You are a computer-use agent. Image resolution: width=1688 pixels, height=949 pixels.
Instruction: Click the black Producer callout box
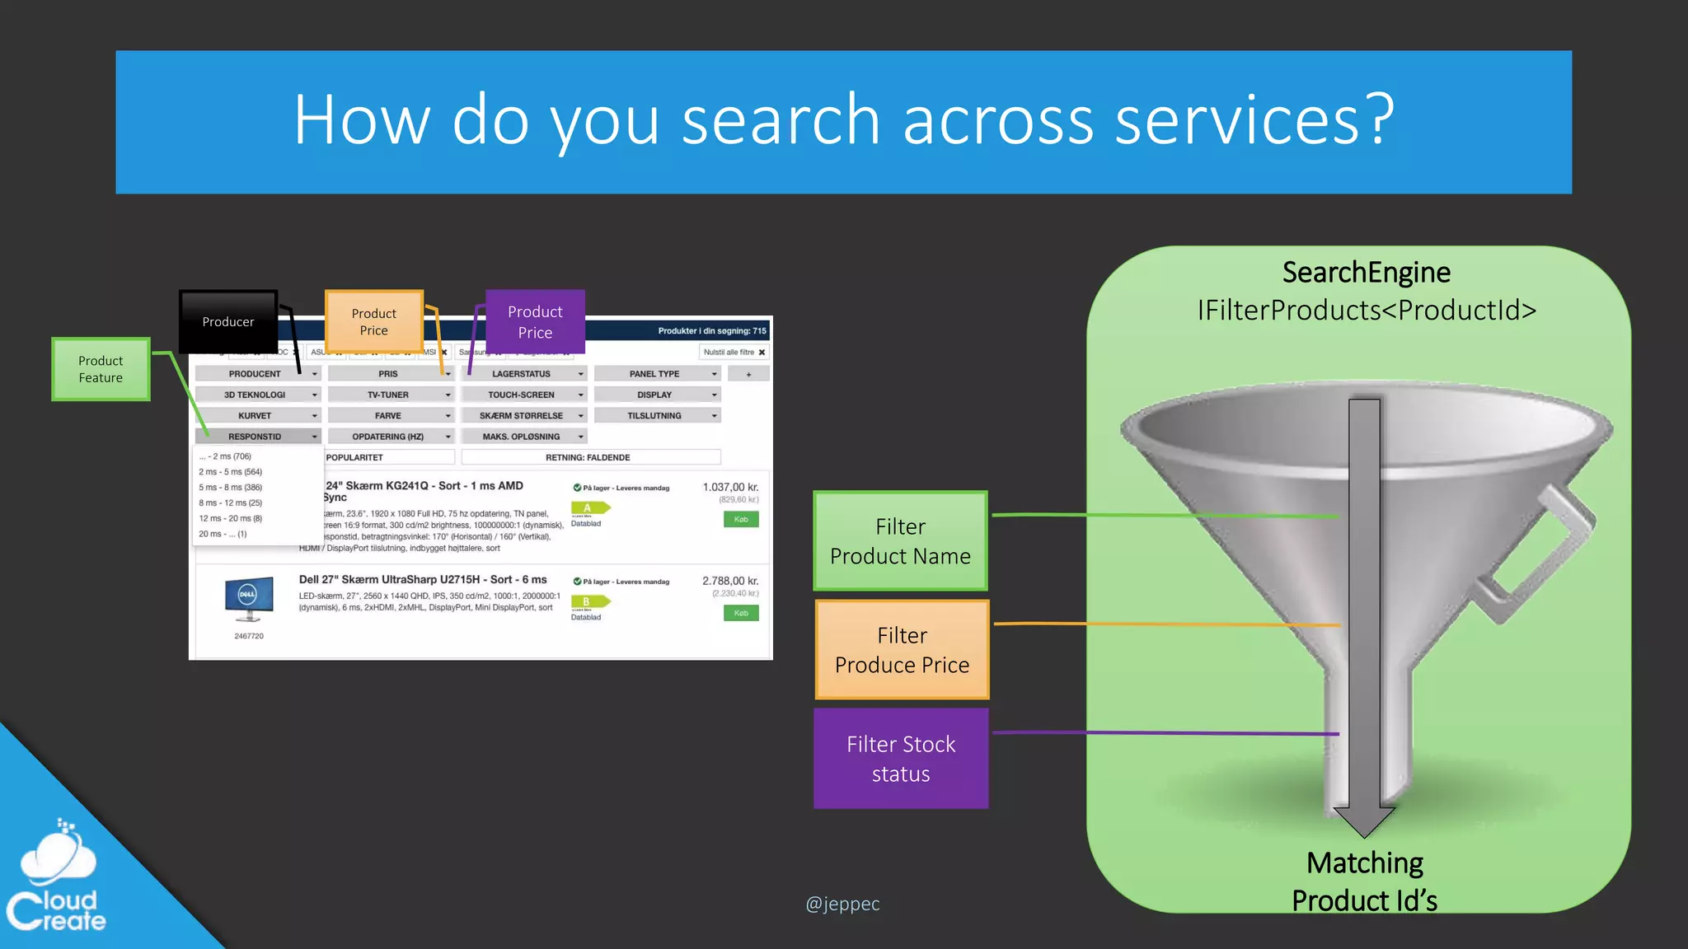228,321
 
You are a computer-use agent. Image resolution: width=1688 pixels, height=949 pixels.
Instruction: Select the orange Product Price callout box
373,321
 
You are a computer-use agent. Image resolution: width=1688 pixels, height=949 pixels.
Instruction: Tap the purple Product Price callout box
535,321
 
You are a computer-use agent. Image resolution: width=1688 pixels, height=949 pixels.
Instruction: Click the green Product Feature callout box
101,369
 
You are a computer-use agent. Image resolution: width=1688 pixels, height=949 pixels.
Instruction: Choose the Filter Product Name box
900,541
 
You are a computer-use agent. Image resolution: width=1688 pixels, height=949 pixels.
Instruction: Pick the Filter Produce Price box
902,650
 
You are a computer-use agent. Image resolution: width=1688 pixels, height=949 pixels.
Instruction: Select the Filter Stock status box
901,759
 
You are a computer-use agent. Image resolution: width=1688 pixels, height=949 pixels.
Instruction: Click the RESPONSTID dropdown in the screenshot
257,437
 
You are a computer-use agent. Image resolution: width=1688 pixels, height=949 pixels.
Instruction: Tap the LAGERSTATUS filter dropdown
523,374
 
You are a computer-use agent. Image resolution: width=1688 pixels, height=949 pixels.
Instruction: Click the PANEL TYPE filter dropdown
657,374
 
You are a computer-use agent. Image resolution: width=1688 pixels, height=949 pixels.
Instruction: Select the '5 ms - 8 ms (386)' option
231,487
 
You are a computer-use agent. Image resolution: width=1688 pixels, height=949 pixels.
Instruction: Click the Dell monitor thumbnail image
248,599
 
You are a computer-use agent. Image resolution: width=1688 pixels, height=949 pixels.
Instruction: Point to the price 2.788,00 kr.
729,581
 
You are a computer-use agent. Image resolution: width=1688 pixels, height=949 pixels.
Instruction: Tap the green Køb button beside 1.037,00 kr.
741,519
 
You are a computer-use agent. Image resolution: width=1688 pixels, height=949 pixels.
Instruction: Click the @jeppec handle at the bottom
842,904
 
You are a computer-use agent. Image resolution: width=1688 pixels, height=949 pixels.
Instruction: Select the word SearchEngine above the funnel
1366,272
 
